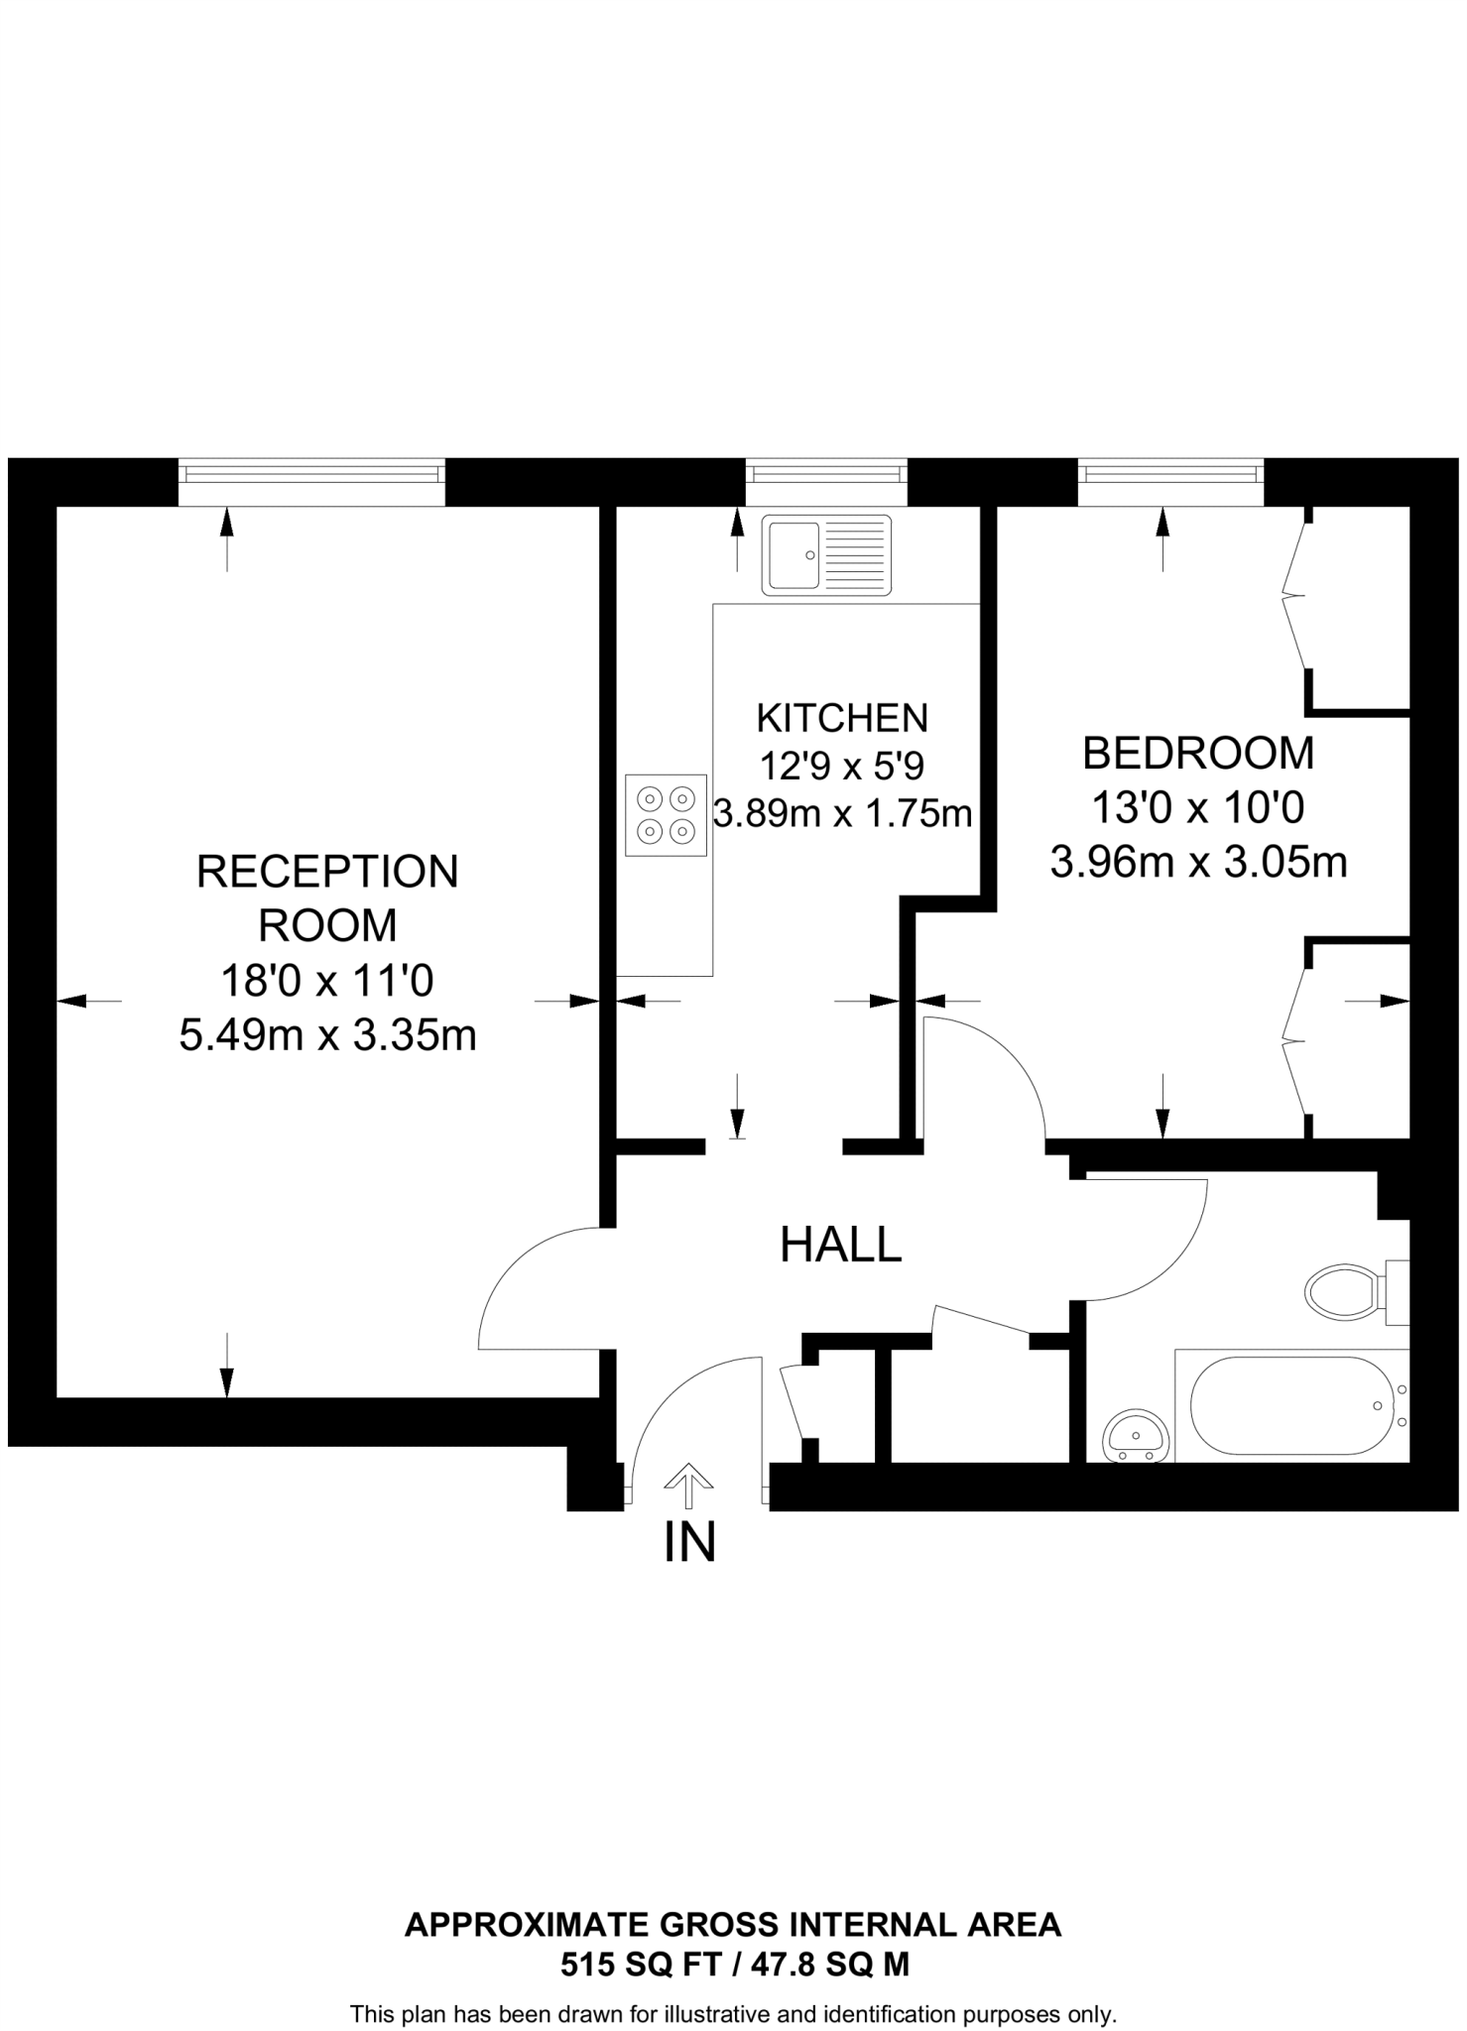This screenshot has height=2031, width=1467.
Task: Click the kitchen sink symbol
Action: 826,555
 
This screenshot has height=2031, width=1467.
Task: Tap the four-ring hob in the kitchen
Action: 666,814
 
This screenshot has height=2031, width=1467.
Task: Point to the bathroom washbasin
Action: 1136,1435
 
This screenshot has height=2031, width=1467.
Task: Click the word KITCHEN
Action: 842,717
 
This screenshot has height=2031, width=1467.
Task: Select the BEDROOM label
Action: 1198,754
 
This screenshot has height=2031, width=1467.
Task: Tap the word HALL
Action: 841,1246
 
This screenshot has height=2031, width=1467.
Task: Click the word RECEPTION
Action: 327,872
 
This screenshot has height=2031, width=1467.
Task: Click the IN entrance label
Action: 689,1542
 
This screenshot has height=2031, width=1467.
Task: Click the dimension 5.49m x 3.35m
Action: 327,1036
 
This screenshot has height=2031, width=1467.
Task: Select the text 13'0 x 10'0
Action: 1198,808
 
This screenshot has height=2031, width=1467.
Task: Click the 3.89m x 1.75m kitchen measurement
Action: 842,814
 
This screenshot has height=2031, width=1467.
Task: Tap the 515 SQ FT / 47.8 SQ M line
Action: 734,1965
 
